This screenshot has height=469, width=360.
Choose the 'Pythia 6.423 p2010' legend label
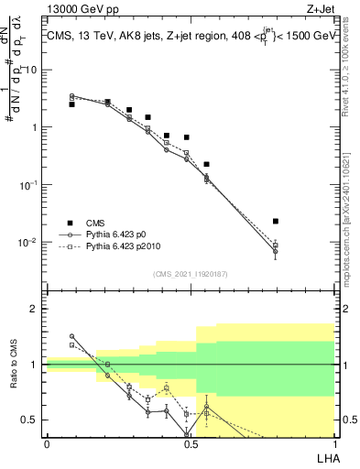tap(127, 247)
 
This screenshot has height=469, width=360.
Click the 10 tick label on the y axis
tap(32, 70)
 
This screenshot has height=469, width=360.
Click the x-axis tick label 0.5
tap(191, 443)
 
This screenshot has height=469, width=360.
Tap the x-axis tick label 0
tap(47, 443)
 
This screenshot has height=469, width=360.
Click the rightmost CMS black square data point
tap(276, 221)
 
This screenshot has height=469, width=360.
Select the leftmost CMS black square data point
tap(71, 104)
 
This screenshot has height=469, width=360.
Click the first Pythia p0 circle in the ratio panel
tap(71, 336)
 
